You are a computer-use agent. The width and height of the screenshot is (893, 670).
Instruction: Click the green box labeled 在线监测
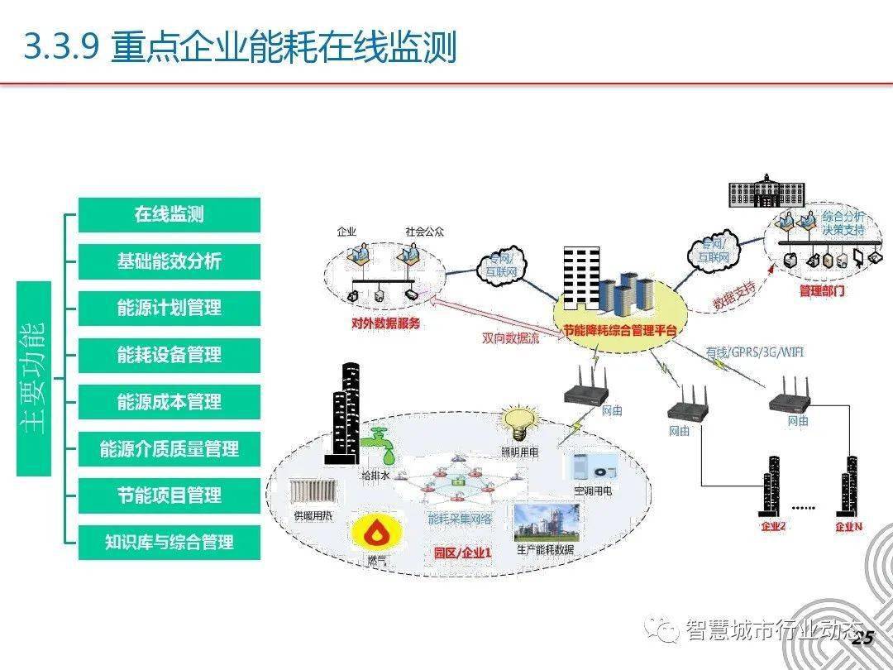pyautogui.click(x=169, y=215)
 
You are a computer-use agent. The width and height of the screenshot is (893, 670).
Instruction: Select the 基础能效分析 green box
pyautogui.click(x=169, y=262)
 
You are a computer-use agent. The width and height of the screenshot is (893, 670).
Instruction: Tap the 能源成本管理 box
pyautogui.click(x=169, y=403)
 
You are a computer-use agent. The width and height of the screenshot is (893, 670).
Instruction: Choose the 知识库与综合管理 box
pyautogui.click(x=169, y=543)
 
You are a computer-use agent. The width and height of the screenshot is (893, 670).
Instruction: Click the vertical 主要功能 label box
pyautogui.click(x=34, y=379)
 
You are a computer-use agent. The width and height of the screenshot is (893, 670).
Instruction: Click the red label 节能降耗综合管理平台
pyautogui.click(x=620, y=331)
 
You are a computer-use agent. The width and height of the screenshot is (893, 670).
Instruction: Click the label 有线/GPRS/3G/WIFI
pyautogui.click(x=755, y=352)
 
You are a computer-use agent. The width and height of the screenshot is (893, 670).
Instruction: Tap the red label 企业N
pyautogui.click(x=848, y=527)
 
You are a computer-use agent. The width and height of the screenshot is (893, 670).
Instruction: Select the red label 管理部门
pyautogui.click(x=822, y=291)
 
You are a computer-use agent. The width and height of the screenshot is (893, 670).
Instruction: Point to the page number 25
pyautogui.click(x=862, y=638)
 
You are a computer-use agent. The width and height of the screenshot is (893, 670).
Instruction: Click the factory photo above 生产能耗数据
pyautogui.click(x=546, y=523)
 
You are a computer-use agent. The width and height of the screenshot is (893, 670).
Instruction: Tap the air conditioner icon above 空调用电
pyautogui.click(x=593, y=466)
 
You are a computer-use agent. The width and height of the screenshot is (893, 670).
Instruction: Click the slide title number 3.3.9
pyautogui.click(x=62, y=47)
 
